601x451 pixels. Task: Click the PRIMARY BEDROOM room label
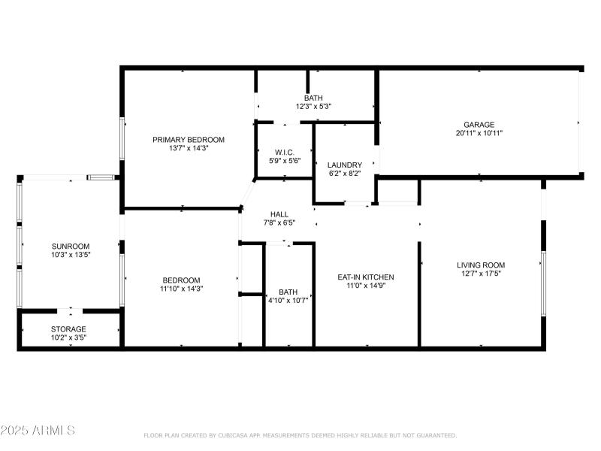click(189, 140)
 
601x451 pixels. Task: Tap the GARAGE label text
click(479, 124)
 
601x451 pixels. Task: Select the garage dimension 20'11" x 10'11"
click(479, 133)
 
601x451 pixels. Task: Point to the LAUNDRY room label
click(346, 165)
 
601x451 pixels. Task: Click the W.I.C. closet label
click(284, 152)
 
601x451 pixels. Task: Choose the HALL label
click(279, 213)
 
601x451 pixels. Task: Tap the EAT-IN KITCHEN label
click(365, 277)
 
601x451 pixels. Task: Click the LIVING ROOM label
click(481, 265)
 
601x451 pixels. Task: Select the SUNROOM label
click(71, 246)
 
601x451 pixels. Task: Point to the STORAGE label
click(68, 329)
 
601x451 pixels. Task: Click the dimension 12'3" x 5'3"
click(313, 107)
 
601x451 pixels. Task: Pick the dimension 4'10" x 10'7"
click(288, 301)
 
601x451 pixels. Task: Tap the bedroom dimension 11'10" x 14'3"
click(180, 289)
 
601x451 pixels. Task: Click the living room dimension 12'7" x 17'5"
click(481, 274)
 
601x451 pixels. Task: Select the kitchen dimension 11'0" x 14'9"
click(365, 286)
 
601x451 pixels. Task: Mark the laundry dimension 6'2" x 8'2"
click(346, 174)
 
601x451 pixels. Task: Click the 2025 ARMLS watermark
click(38, 431)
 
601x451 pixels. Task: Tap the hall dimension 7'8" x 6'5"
click(279, 222)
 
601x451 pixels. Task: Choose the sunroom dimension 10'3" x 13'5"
click(71, 255)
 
